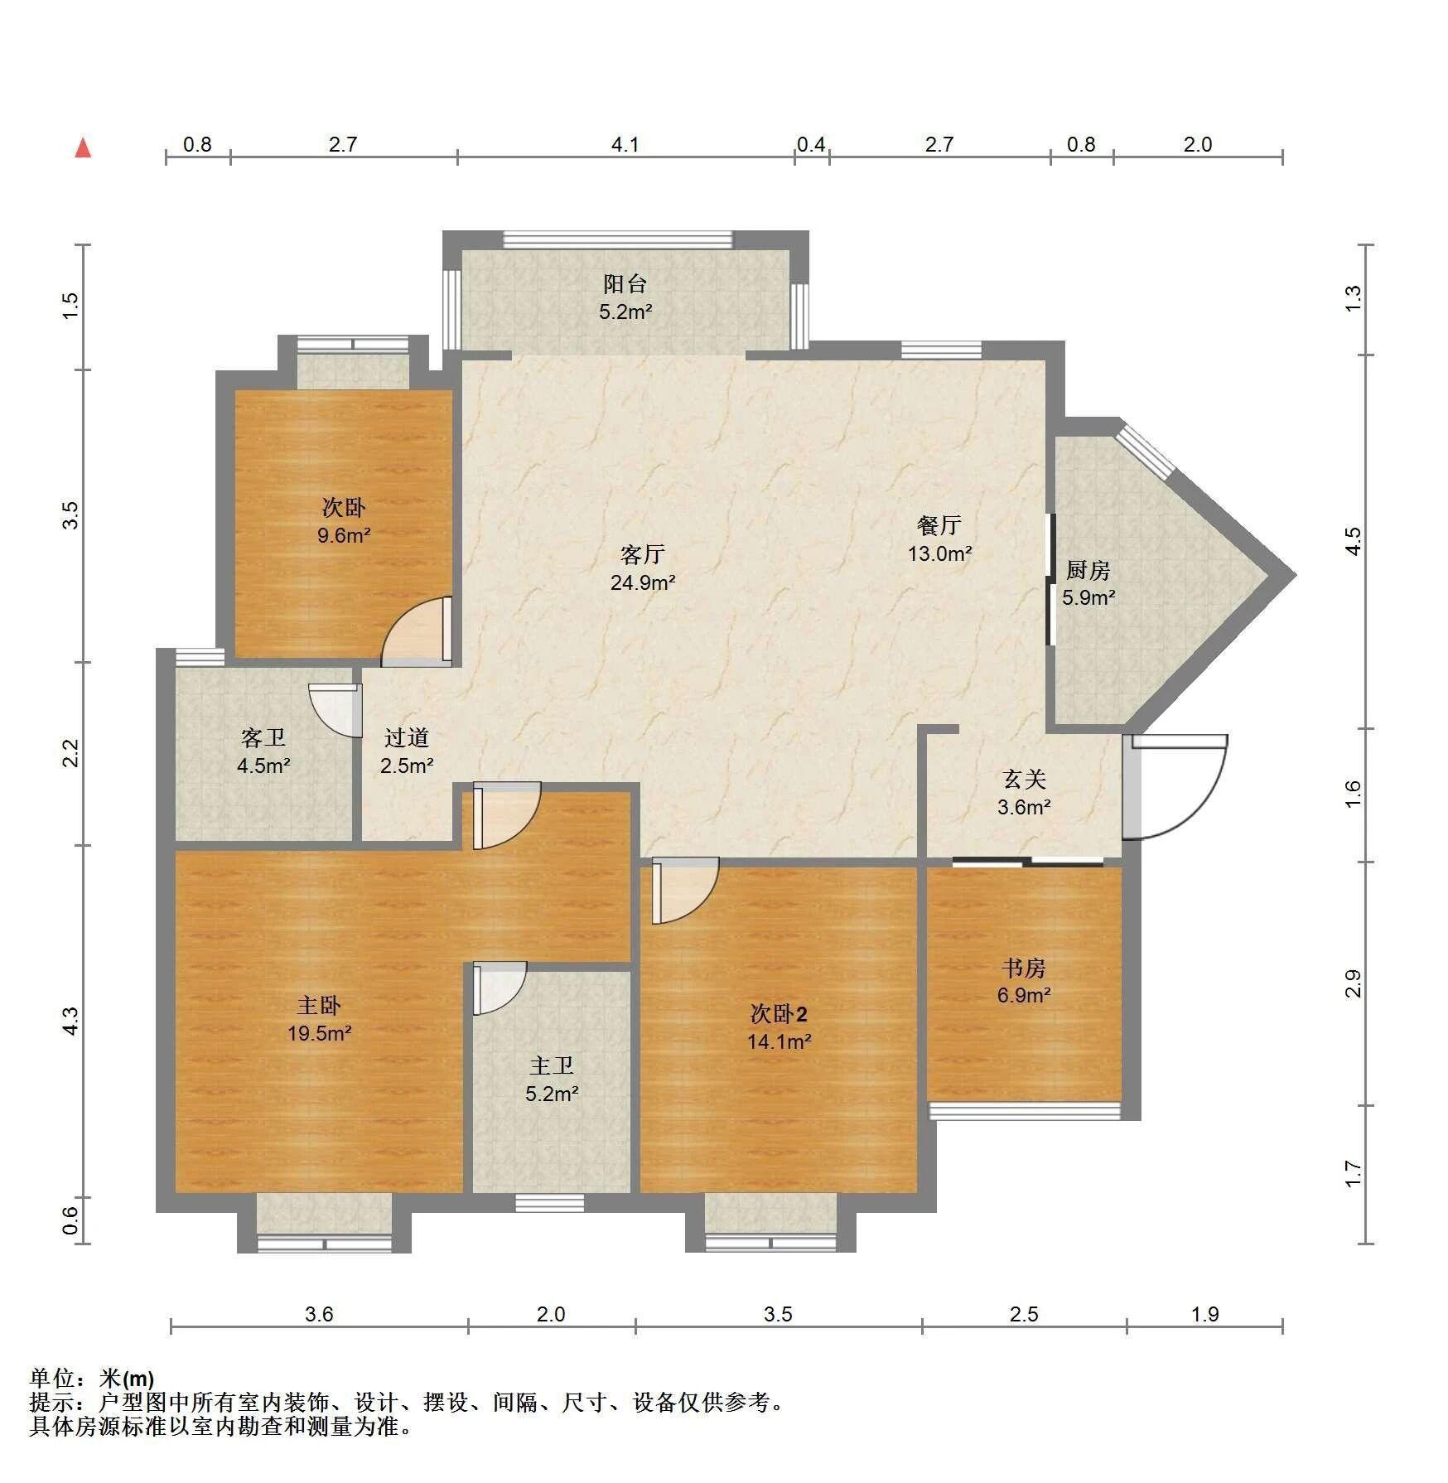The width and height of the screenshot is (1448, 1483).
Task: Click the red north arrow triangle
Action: point(83,148)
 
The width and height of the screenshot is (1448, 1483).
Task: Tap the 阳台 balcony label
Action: point(625,284)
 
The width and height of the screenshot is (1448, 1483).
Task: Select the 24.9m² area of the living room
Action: point(643,582)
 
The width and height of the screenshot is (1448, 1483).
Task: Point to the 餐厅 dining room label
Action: point(939,525)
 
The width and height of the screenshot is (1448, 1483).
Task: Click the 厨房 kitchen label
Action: point(1088,570)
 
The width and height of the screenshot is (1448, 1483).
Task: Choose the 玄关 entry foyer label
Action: point(1025,779)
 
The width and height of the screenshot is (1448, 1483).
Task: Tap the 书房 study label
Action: point(1024,968)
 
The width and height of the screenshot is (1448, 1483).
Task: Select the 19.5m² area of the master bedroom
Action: point(319,1033)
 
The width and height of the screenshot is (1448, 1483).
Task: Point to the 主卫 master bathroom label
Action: point(552,1065)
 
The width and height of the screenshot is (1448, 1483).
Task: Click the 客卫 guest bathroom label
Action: point(263,737)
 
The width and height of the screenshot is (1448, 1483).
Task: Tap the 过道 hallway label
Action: point(407,737)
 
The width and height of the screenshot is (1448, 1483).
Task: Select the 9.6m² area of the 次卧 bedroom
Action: point(344,535)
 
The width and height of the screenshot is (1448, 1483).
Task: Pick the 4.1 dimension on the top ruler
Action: point(625,145)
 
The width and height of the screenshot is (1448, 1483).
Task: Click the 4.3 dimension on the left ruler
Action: point(72,1021)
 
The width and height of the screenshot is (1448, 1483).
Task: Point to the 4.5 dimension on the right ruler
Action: point(1352,542)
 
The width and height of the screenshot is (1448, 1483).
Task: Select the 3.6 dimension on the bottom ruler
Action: point(319,1314)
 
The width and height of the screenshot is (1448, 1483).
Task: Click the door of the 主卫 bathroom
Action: point(499,988)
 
